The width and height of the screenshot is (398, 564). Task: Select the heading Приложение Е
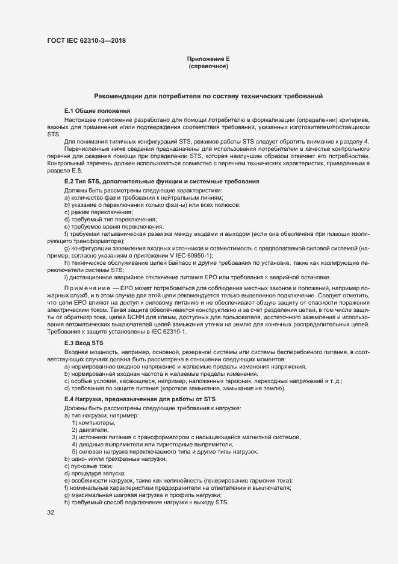coord(208,59)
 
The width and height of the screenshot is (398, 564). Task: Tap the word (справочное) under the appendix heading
coord(208,66)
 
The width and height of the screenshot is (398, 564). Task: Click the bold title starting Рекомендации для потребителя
coord(208,96)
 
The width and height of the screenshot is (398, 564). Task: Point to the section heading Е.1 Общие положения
coord(97,111)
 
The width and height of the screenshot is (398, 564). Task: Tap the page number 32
coord(51,512)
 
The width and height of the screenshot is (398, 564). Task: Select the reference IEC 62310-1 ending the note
coord(170,332)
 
